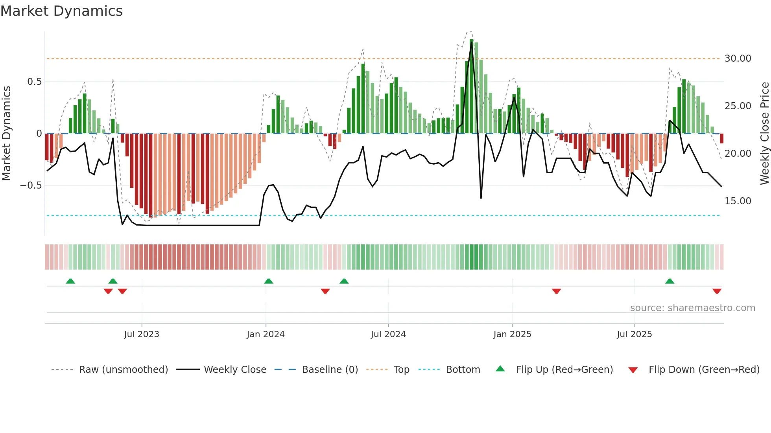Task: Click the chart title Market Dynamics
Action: point(62,11)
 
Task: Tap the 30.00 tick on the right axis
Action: point(738,59)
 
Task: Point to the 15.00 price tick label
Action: point(738,201)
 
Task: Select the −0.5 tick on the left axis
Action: point(31,185)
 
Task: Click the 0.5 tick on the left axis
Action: point(34,82)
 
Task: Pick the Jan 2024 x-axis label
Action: point(266,334)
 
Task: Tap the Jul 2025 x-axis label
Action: point(634,334)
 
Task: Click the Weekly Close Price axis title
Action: point(764,133)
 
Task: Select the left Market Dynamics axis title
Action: point(7,133)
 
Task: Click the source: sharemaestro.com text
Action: point(692,308)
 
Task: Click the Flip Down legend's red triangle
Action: point(633,370)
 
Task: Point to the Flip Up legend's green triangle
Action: point(500,369)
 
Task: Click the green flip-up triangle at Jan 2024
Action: point(269,281)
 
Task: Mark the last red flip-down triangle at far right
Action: point(717,291)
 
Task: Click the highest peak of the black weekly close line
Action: point(472,43)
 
